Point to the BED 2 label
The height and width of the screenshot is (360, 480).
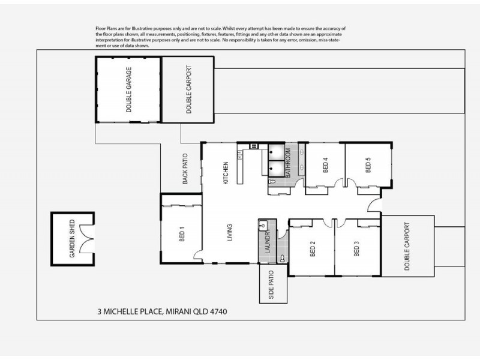point(313,248)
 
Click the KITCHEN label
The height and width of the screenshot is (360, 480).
point(227,173)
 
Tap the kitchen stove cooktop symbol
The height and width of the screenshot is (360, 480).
point(253,146)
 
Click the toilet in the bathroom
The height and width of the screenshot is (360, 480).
point(272,180)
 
